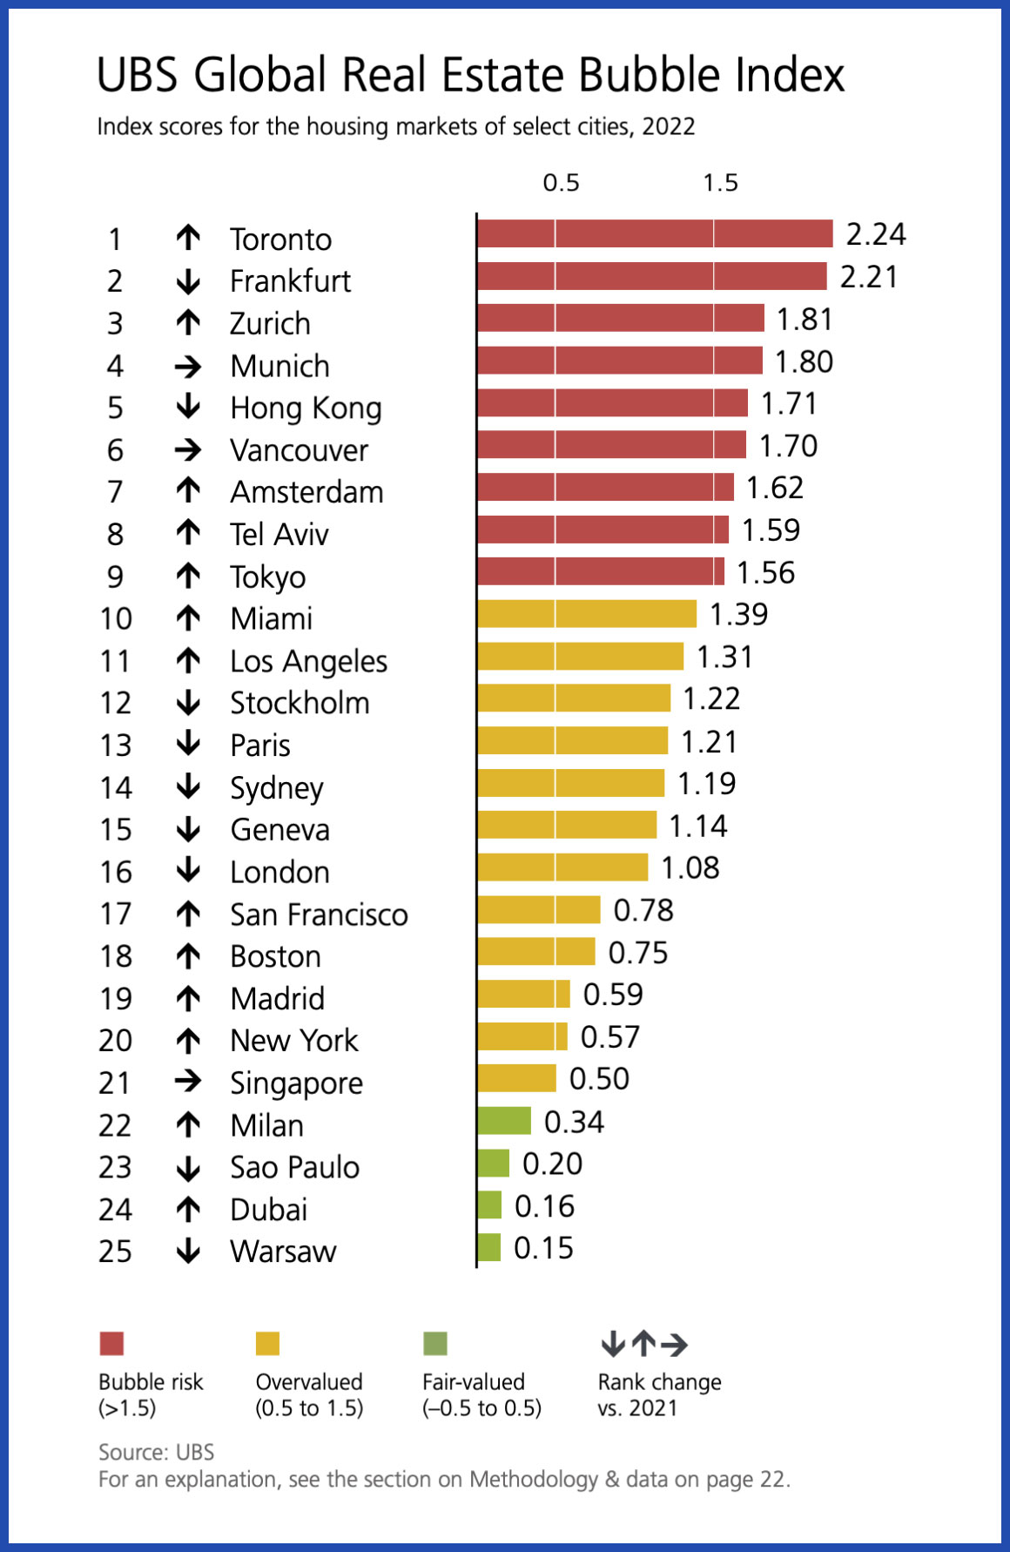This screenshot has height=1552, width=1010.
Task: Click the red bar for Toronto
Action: point(656,234)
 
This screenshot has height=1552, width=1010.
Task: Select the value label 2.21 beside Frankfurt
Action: point(869,277)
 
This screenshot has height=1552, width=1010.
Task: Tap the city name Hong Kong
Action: point(306,408)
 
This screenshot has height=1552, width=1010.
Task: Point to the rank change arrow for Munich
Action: point(188,367)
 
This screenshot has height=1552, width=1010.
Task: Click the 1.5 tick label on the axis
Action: point(721,183)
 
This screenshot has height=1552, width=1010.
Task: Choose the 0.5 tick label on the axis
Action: point(561,183)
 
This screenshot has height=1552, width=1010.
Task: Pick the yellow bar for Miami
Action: point(588,614)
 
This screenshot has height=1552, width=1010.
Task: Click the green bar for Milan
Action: point(505,1121)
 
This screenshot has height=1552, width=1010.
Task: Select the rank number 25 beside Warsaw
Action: point(116,1252)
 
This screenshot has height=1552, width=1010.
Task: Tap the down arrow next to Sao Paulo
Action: point(188,1168)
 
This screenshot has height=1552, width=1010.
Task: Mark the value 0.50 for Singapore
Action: point(599,1079)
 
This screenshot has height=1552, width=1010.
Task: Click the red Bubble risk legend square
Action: point(112,1344)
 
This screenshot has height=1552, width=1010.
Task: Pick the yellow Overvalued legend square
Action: point(267,1344)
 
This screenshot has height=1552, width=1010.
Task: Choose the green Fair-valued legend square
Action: point(434,1344)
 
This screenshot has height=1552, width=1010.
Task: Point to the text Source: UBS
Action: point(157,1452)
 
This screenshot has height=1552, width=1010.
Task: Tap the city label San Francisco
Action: point(319,914)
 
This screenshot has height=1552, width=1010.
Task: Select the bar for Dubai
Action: point(490,1205)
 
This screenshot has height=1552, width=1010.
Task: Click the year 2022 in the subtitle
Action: point(669,126)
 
